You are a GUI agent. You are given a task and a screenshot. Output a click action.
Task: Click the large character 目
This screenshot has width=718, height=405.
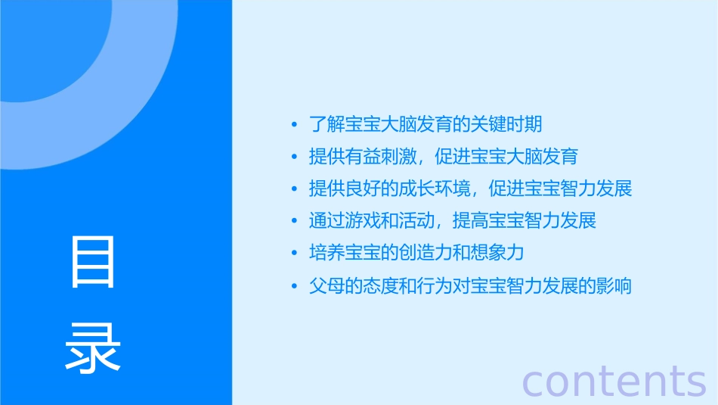click(x=93, y=262)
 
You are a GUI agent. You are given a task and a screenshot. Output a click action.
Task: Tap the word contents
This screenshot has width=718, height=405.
click(x=614, y=380)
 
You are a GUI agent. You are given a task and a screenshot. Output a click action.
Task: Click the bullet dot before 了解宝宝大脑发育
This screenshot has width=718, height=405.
click(x=295, y=124)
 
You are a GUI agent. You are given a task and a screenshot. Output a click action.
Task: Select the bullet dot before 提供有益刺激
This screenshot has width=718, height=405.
click(x=295, y=157)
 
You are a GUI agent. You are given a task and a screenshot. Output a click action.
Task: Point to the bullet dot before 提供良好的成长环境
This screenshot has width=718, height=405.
click(x=295, y=189)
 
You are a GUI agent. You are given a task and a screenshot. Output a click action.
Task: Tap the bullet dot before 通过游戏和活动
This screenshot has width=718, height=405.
click(x=295, y=222)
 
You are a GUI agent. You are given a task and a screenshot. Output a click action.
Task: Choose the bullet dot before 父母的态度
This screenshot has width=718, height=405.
click(x=295, y=287)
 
